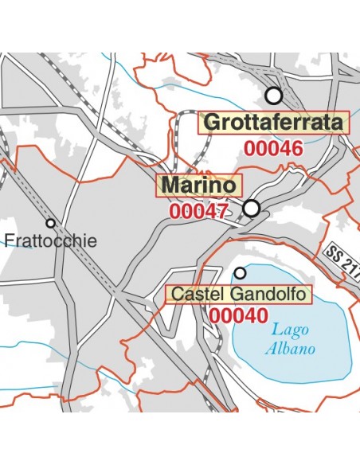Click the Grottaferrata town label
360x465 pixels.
274,123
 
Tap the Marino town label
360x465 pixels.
200,186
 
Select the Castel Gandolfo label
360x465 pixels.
240,295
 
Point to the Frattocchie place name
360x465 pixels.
50,240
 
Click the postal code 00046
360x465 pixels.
273,148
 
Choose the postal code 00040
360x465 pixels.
239,315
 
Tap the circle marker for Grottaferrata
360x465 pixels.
274,96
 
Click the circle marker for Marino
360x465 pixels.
252,209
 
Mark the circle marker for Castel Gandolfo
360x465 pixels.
240,273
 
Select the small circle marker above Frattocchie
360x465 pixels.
50,223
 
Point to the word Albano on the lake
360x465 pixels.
290,349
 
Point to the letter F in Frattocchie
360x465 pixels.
9,240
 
